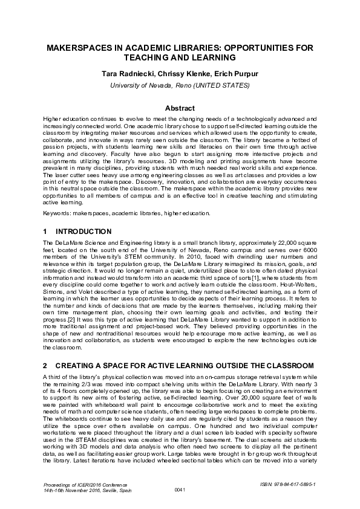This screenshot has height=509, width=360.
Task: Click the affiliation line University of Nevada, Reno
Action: coord(180,85)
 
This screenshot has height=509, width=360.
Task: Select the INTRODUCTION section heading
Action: coord(83,232)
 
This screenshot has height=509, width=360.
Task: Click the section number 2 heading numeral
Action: coord(45,366)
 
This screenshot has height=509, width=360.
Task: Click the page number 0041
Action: coord(180,489)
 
